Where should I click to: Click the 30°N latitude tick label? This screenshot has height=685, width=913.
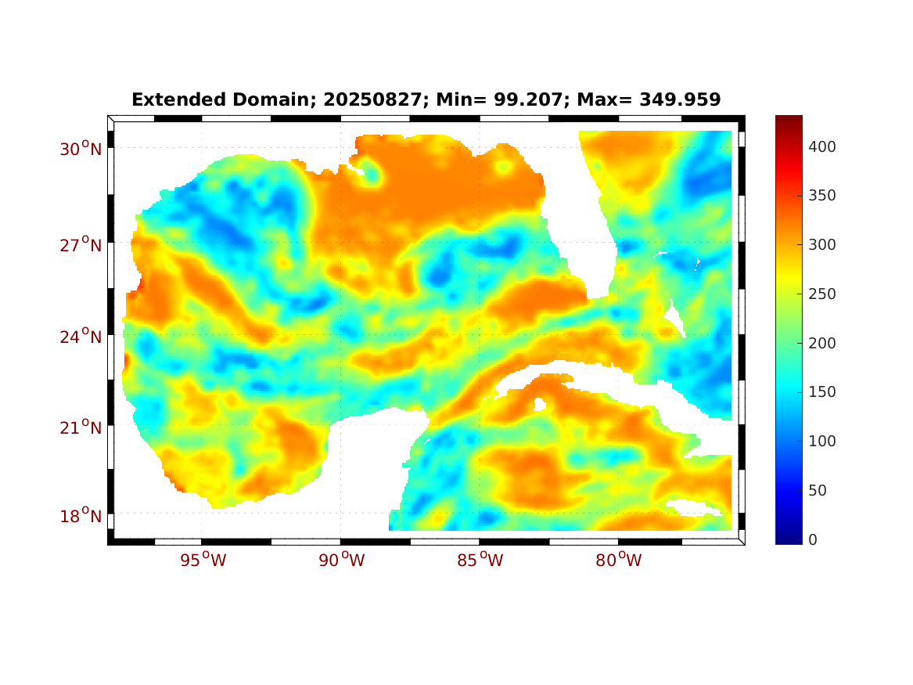coord(81,149)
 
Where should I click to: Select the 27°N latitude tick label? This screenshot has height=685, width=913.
coord(81,245)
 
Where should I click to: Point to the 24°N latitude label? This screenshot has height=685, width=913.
coord(81,337)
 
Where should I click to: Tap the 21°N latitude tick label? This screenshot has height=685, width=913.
coord(81,427)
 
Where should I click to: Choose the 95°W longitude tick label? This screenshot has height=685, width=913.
coord(202,561)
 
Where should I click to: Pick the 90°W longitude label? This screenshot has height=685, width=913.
coord(341,561)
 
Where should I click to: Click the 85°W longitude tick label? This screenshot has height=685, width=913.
coord(480,561)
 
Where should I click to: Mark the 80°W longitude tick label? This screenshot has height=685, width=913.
coord(619,561)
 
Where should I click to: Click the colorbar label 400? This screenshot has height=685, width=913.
coord(822,146)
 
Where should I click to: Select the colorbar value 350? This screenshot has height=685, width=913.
coord(822,196)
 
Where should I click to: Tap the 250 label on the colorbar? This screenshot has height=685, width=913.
coord(822,294)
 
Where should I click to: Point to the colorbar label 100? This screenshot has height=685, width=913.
coord(822,441)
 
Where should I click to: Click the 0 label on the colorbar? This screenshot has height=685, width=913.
coord(814,539)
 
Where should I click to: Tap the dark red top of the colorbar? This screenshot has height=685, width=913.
coord(789,121)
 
